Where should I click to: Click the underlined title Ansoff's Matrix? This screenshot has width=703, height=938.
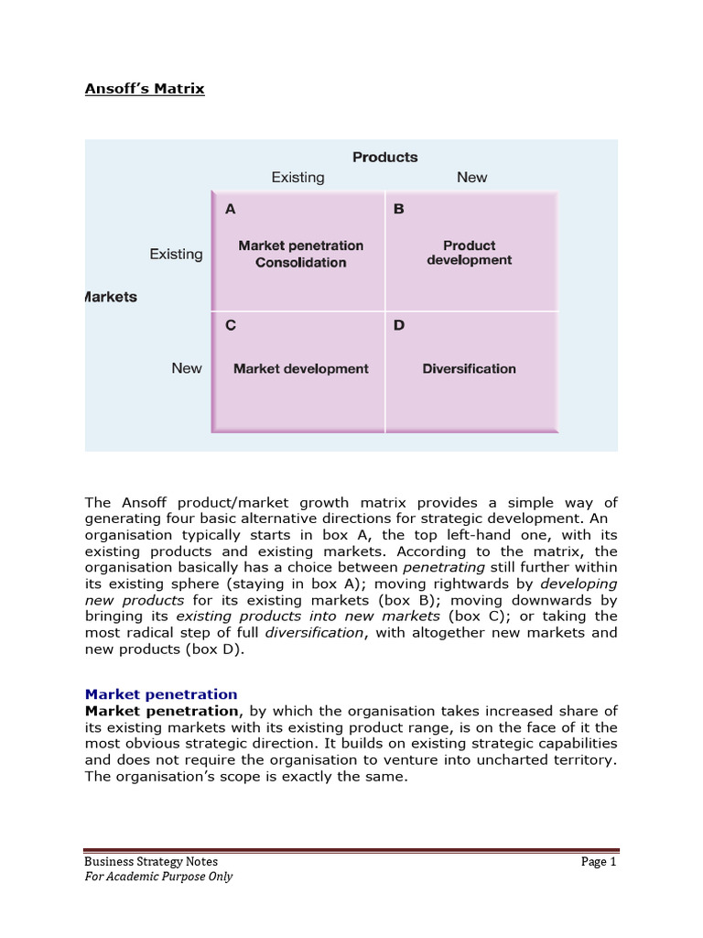tap(145, 89)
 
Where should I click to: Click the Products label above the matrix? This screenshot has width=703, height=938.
tap(384, 157)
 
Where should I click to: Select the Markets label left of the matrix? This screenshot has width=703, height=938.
tap(111, 297)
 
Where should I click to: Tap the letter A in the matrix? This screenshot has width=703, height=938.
tap(231, 209)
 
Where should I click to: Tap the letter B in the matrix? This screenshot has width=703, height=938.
tap(398, 209)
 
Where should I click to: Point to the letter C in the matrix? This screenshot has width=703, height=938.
tap(231, 325)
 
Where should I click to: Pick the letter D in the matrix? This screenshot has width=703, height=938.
tap(398, 325)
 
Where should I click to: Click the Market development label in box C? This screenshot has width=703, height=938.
tap(301, 368)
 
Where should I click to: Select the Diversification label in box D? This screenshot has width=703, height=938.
tap(469, 368)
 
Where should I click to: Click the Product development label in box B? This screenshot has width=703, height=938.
tap(469, 253)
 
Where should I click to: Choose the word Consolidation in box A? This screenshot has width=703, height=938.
tap(301, 262)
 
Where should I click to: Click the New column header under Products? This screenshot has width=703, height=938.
tap(471, 177)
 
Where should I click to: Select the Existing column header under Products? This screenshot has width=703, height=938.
tap(297, 177)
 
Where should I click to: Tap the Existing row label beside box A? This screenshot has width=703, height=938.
tap(176, 254)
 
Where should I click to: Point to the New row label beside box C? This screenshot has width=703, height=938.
tap(187, 368)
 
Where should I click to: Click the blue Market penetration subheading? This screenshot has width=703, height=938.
tap(161, 694)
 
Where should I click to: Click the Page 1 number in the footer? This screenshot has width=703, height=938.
tap(600, 861)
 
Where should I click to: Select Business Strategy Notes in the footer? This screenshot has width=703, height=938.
tap(151, 861)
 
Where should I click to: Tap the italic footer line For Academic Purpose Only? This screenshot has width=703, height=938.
tap(158, 877)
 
